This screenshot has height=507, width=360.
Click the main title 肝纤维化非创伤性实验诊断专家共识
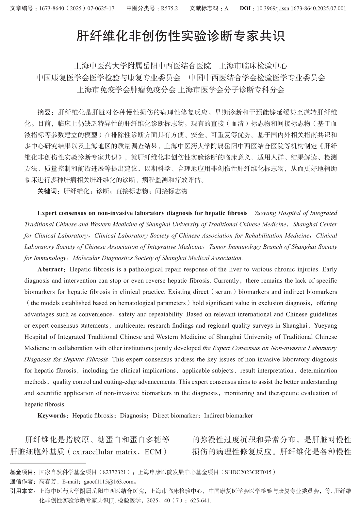pyautogui.click(x=180, y=36)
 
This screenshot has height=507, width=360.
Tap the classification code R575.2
pyautogui.click(x=169, y=8)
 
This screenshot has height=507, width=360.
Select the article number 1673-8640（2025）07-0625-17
pyautogui.click(x=77, y=8)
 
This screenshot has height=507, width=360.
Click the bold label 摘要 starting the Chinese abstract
pyautogui.click(x=44, y=112)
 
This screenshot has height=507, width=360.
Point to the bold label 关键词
pyautogui.click(x=47, y=191)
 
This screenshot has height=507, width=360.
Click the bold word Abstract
pyautogui.click(x=50, y=270)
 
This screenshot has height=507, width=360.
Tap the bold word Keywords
pyautogui.click(x=52, y=416)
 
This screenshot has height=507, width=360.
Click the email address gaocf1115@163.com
pyautogui.click(x=109, y=482)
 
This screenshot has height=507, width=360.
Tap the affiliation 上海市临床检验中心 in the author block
pyautogui.click(x=253, y=66)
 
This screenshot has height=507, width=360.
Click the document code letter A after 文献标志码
pyautogui.click(x=226, y=8)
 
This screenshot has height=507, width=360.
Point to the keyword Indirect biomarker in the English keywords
pyautogui.click(x=228, y=416)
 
